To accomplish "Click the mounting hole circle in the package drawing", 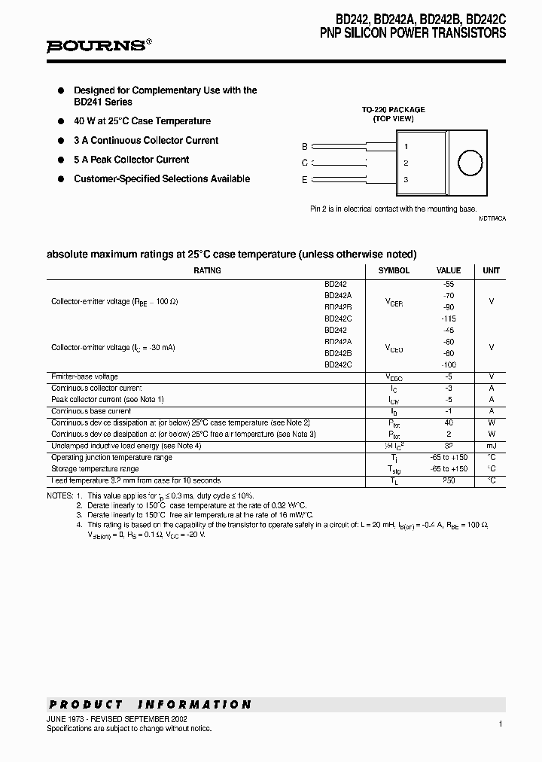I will click(470, 163).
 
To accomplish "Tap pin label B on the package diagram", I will click(304, 147).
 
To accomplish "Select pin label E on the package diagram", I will click(304, 179).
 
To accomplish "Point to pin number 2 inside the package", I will click(406, 163).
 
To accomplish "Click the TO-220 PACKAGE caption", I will click(393, 109).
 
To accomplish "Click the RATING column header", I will click(207, 270).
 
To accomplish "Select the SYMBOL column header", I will click(394, 270).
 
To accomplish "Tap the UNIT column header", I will click(491, 270).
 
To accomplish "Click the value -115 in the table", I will click(449, 319).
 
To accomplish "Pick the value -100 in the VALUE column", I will click(449, 364).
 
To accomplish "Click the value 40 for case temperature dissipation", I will click(449, 423).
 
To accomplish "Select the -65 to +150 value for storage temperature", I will click(449, 468).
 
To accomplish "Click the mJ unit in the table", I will click(491, 446).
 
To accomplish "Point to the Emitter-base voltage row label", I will click(84, 376).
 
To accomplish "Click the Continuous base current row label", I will click(91, 411).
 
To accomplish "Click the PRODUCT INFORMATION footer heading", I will click(150, 705).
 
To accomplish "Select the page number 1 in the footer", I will click(500, 724).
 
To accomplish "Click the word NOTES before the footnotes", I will click(59, 495).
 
